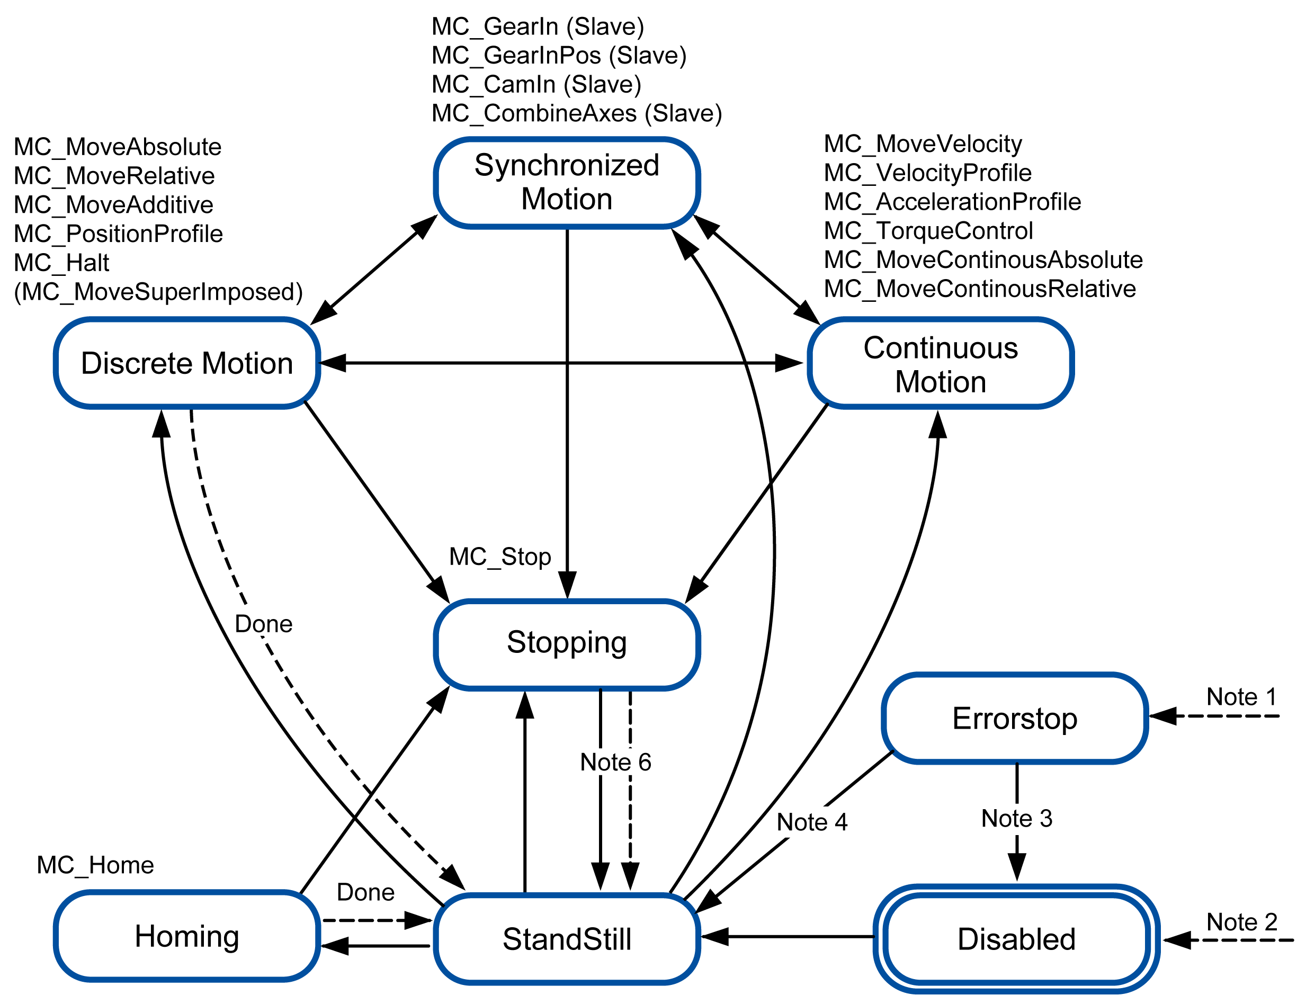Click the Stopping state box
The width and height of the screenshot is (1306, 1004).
tap(566, 643)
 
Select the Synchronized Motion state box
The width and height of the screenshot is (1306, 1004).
tap(566, 182)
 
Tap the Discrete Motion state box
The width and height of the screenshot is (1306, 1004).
tap(186, 363)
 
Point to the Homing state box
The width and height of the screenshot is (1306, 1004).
tap(186, 936)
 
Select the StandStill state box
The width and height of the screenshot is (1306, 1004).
tap(566, 939)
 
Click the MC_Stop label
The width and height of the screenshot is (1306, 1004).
tap(500, 557)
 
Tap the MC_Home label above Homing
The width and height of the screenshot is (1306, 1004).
tap(95, 865)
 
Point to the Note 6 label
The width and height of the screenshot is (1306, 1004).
tap(615, 762)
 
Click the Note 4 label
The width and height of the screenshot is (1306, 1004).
tap(811, 822)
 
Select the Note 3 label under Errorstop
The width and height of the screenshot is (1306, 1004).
tap(1016, 818)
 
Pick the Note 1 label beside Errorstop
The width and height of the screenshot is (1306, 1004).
tap(1241, 697)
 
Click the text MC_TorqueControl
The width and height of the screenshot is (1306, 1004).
tap(928, 231)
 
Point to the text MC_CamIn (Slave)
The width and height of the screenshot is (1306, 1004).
tap(536, 84)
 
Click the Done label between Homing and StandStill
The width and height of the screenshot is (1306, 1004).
tap(365, 892)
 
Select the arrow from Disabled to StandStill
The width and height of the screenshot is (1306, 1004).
tap(789, 936)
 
